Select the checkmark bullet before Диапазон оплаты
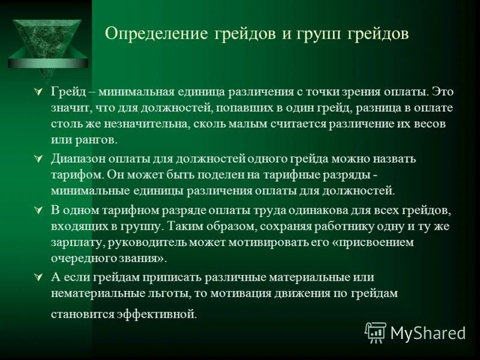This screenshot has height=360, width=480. (x=39, y=160)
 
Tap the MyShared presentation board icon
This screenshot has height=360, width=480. (x=376, y=332)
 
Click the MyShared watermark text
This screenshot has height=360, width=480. (x=427, y=332)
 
